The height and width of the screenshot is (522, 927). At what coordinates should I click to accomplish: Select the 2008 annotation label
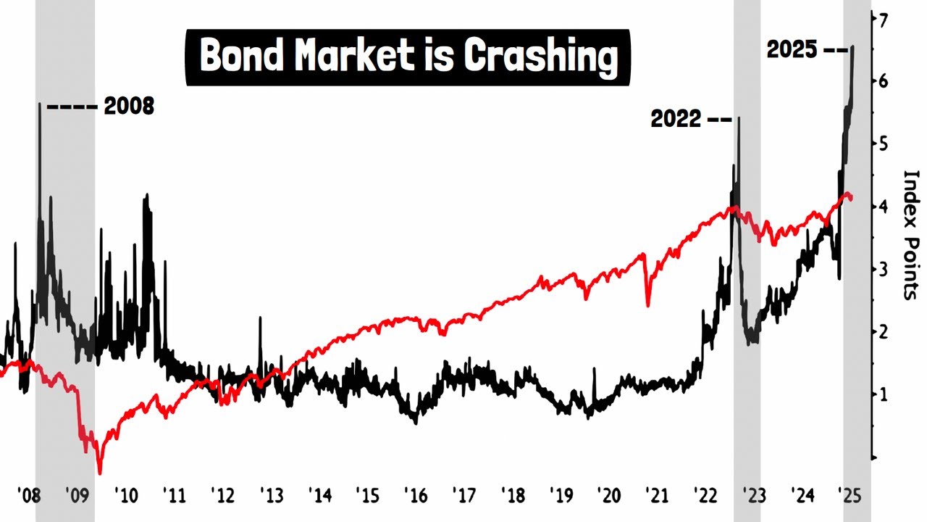(129, 107)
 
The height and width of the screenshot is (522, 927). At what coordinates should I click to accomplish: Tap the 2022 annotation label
(676, 119)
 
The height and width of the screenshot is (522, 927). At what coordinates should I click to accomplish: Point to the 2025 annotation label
(792, 50)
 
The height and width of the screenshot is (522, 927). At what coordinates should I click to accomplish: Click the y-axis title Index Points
(910, 234)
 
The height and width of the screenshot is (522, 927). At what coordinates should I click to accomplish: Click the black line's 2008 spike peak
(40, 104)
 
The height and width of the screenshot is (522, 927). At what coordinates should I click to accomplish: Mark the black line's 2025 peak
(852, 46)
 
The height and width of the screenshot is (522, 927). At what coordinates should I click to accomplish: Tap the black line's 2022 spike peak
(738, 117)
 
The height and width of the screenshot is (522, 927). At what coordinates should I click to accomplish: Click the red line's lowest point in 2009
(100, 472)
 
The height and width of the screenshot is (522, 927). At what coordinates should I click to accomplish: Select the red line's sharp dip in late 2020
(647, 305)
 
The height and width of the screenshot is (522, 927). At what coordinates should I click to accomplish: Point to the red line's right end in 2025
(851, 198)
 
